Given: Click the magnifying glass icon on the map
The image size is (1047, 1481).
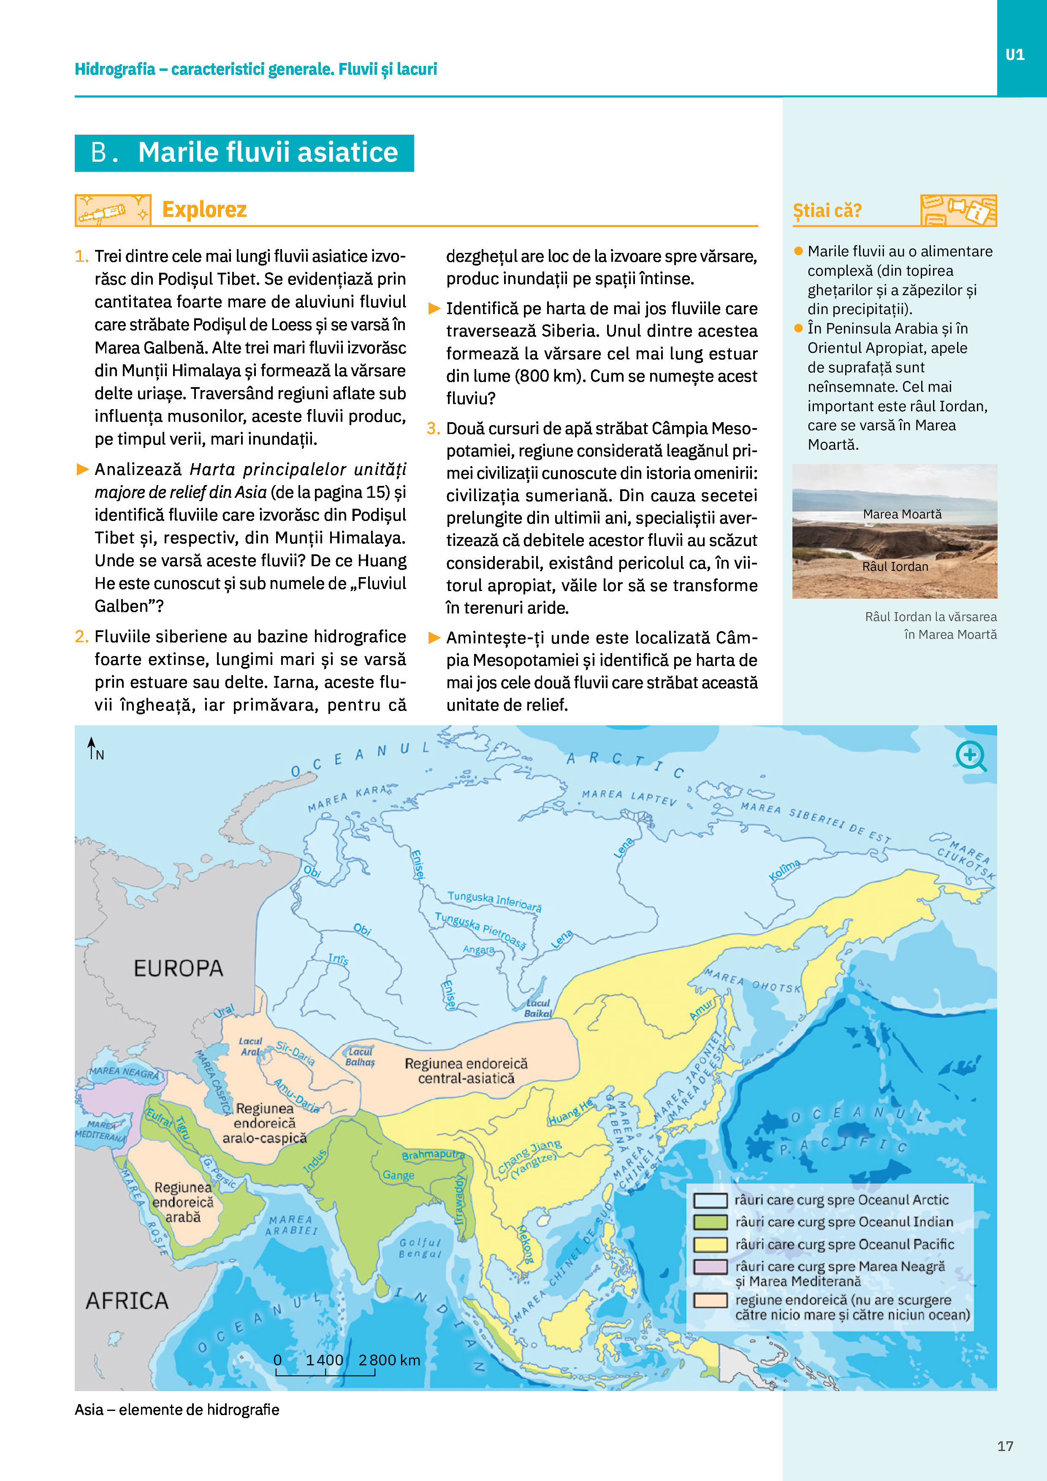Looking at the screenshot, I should [971, 756].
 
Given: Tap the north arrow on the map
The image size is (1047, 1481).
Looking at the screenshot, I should [92, 748].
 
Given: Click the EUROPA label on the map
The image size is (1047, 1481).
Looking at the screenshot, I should [179, 968].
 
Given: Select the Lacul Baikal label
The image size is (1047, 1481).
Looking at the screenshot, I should [537, 1008].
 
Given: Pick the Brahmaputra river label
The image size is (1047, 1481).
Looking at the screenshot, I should [433, 1154].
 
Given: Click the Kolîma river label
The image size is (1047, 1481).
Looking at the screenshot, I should [784, 870].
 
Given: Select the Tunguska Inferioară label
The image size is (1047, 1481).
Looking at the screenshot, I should [494, 901].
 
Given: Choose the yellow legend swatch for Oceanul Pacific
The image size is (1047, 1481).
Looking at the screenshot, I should [710, 1244].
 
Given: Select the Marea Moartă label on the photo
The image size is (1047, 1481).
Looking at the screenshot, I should [902, 514].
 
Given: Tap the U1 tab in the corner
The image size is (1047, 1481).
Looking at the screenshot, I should [1015, 55].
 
